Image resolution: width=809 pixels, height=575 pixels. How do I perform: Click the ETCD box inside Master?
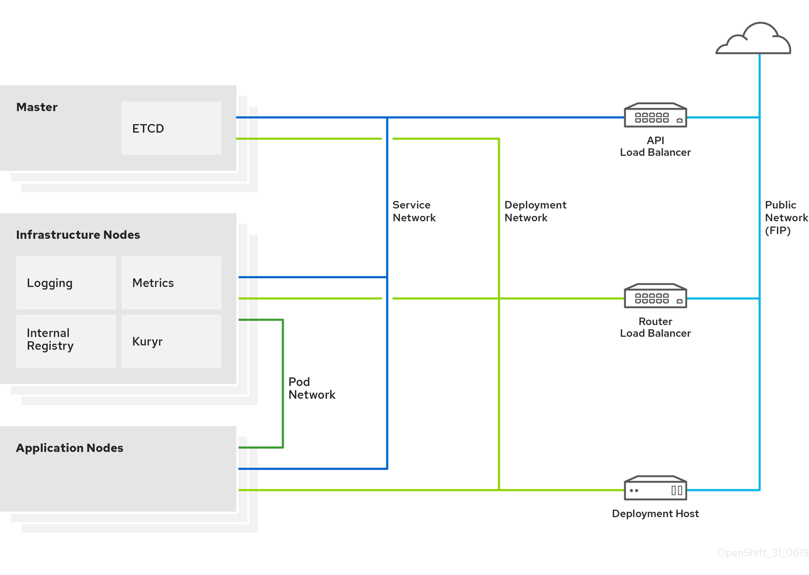[x=171, y=128]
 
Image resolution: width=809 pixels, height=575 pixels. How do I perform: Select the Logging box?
[x=65, y=282]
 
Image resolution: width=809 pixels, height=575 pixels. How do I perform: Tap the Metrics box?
[x=171, y=282]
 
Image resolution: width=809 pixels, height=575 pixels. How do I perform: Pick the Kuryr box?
[x=171, y=341]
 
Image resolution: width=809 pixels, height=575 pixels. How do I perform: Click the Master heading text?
[x=37, y=107]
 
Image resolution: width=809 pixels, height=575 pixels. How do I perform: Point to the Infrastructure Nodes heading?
[x=78, y=235]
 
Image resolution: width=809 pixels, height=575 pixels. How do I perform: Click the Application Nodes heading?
[x=69, y=448]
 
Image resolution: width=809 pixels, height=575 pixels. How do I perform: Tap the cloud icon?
[x=754, y=39]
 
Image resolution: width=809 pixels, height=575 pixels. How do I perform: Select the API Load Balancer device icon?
[x=655, y=115]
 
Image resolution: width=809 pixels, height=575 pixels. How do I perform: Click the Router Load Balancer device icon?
[x=655, y=296]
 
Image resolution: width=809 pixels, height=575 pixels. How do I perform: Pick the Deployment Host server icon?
[x=655, y=488]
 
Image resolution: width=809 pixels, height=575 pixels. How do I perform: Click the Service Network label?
[x=414, y=211]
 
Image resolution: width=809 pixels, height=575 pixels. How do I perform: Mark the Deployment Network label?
[x=535, y=211]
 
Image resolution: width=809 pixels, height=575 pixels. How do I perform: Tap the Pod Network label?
[x=311, y=388]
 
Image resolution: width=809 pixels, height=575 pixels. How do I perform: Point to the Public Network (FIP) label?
[x=786, y=218]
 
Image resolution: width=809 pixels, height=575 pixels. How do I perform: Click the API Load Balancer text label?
[x=655, y=146]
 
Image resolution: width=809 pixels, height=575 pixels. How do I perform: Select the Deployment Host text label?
[x=655, y=513]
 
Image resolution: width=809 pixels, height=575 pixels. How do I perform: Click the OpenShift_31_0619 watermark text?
[x=762, y=553]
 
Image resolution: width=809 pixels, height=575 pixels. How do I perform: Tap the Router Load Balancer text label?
[x=655, y=327]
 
